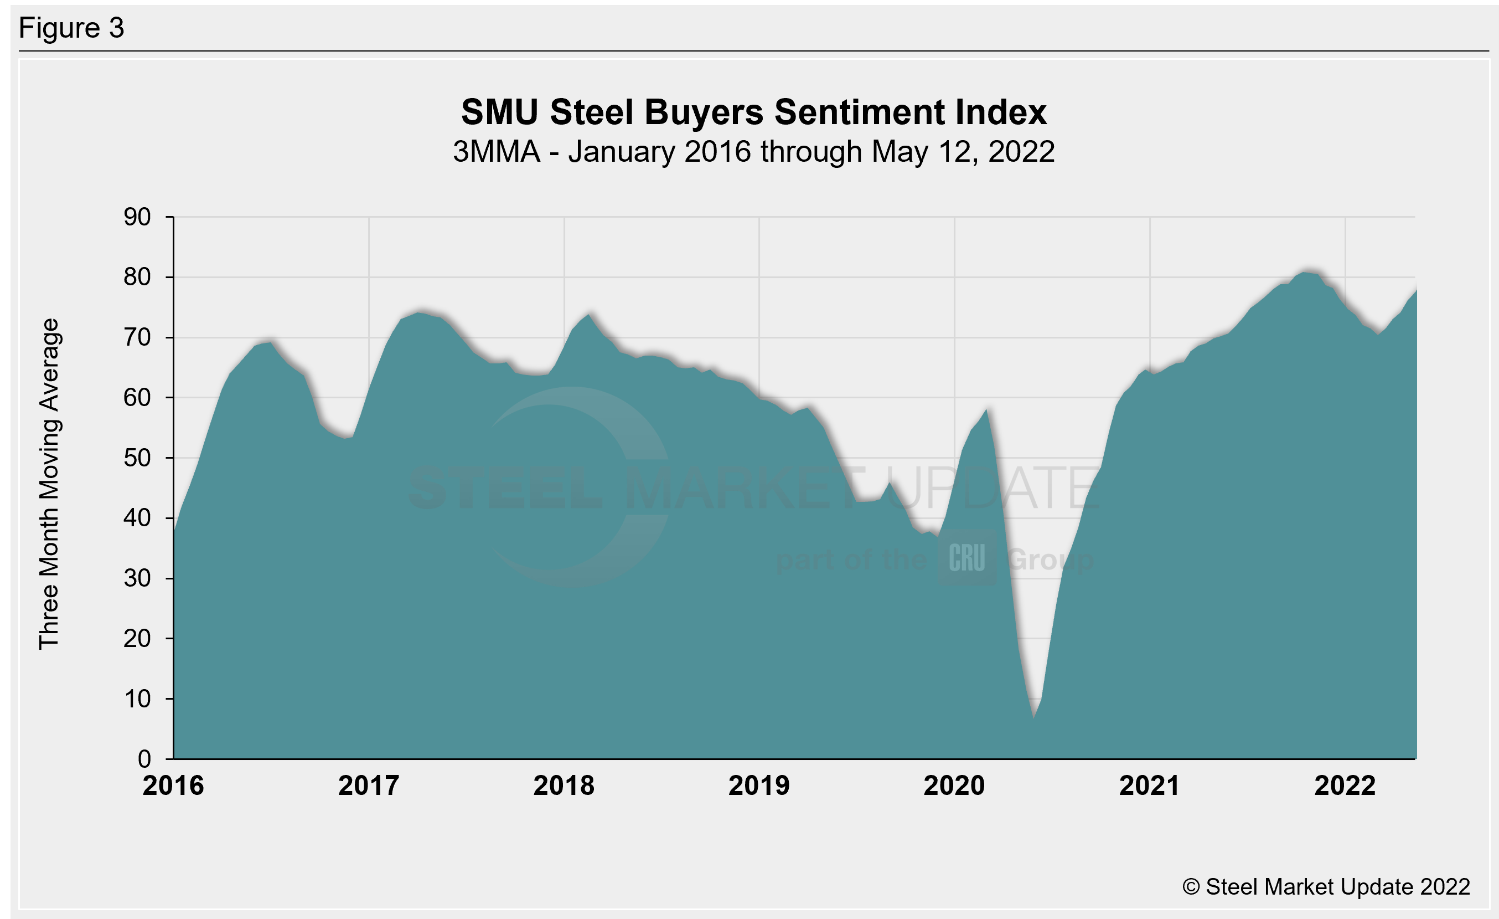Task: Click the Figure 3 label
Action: pyautogui.click(x=71, y=28)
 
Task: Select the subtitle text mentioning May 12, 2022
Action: pyautogui.click(x=753, y=152)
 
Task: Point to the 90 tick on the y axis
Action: pyautogui.click(x=137, y=217)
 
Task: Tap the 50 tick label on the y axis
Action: pyautogui.click(x=137, y=458)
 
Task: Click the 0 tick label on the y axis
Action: pyautogui.click(x=144, y=759)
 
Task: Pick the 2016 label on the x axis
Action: pyautogui.click(x=173, y=785)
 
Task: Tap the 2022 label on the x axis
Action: pyautogui.click(x=1345, y=785)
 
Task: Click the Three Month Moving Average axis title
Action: pyautogui.click(x=49, y=484)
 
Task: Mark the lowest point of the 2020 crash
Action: pyautogui.click(x=1033, y=717)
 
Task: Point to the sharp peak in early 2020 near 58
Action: pyautogui.click(x=986, y=409)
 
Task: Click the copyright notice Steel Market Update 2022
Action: pyautogui.click(x=1326, y=887)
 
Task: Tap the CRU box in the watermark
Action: pyautogui.click(x=966, y=557)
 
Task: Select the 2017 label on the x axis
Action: pyautogui.click(x=369, y=785)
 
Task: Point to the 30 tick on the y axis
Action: pyautogui.click(x=137, y=578)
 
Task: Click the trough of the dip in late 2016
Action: pyautogui.click(x=345, y=438)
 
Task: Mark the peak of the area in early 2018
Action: pyautogui.click(x=588, y=314)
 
